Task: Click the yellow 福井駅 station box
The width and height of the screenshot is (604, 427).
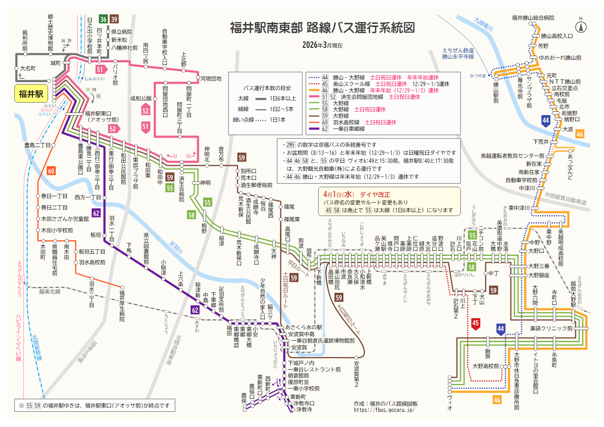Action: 31,94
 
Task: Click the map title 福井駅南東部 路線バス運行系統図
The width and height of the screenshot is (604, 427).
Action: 322,28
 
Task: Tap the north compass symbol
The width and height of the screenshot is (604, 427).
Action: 580,27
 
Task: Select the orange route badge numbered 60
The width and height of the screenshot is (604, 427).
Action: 51,171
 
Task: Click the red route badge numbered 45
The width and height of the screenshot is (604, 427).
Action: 475,323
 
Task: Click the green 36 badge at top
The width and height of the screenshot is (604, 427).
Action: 103,19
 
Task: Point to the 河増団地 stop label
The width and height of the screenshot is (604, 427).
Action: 211,79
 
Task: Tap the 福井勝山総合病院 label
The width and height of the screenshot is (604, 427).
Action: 533,18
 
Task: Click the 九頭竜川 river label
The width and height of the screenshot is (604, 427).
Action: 483,24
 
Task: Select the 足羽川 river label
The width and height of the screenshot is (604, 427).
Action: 176,247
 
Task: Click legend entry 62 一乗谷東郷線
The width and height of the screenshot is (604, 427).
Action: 348,129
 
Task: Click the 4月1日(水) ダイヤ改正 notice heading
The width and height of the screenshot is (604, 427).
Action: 356,194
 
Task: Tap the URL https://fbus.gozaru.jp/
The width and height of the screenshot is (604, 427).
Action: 384,410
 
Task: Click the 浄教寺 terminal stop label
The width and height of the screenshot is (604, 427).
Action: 304,410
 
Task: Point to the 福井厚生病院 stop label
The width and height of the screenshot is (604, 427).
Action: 122,306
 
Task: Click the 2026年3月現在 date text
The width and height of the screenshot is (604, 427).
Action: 322,45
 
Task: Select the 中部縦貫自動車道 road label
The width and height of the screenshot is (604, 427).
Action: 565,198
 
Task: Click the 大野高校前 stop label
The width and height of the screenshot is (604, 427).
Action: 485,366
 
